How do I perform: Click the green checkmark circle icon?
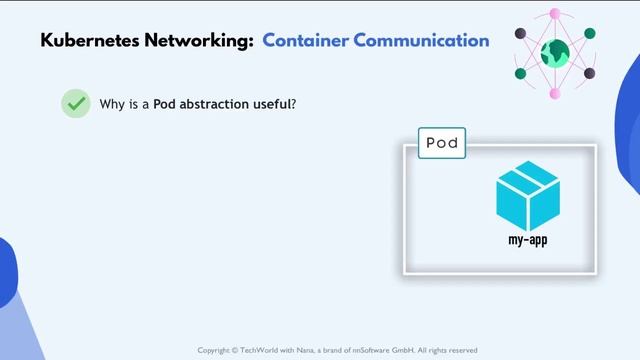pyautogui.click(x=75, y=103)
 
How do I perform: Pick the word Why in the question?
pyautogui.click(x=114, y=104)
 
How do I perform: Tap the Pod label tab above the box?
pyautogui.click(x=441, y=143)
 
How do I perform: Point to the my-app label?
pyautogui.click(x=528, y=240)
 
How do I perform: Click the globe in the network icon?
pyautogui.click(x=555, y=53)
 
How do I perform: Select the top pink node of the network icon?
pyautogui.click(x=555, y=15)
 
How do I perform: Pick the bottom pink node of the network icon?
pyautogui.click(x=555, y=94)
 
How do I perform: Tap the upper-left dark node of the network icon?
pyautogui.click(x=521, y=34)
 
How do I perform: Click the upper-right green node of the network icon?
pyautogui.click(x=590, y=34)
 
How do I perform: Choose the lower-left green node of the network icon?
pyautogui.click(x=521, y=73)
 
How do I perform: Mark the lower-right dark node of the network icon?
pyautogui.click(x=590, y=73)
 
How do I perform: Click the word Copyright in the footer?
pyautogui.click(x=218, y=350)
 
